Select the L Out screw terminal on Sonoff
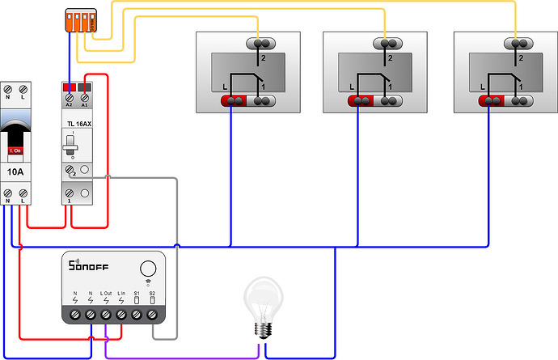point(106,313)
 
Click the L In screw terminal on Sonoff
point(121,313)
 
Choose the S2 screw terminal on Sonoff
point(152,313)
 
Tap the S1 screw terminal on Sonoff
point(137,313)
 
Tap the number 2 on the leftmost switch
point(262,59)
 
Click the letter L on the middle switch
point(352,87)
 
